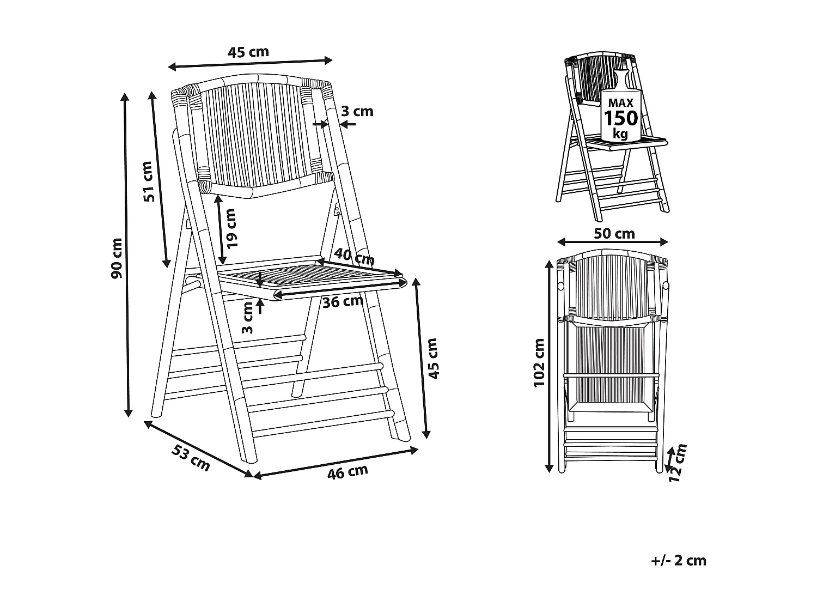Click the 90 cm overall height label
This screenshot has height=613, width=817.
(x=117, y=258)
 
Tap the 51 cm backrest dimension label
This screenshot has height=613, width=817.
(x=149, y=181)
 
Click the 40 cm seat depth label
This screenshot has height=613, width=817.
(x=354, y=256)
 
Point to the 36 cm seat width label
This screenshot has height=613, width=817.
(x=342, y=301)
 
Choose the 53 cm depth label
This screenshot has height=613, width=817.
(x=191, y=458)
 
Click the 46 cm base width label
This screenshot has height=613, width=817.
(x=347, y=472)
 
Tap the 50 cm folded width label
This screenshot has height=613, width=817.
(x=614, y=234)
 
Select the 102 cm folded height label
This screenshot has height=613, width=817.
(x=539, y=363)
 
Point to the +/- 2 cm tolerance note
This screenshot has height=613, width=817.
(x=678, y=560)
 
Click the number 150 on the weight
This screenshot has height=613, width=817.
(x=620, y=118)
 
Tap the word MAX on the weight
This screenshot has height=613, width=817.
(x=620, y=102)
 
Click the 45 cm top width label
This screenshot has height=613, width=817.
(x=248, y=52)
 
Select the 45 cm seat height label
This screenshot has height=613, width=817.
(x=432, y=358)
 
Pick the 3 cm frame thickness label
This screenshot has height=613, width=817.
(x=357, y=111)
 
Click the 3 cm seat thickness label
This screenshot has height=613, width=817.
(x=247, y=318)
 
